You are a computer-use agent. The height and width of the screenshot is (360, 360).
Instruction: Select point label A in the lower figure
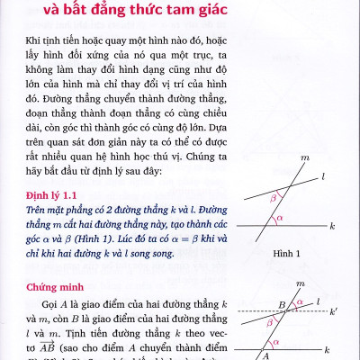click(266, 353)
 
